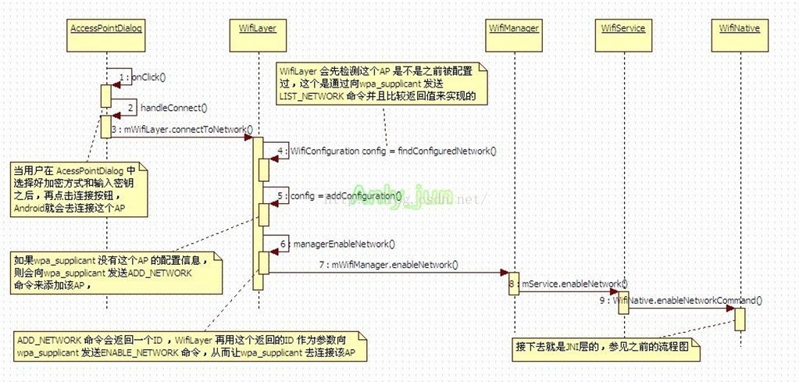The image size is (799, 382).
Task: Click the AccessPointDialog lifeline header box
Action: point(106,28)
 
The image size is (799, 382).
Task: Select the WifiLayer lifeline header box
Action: point(257,28)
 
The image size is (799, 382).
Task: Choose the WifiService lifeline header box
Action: point(622,28)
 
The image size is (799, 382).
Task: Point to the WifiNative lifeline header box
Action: point(740,28)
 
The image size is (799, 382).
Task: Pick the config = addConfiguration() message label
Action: point(345,195)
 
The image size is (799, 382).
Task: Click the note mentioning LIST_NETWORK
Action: point(383,84)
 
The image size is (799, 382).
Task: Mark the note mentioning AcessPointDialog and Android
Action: point(77,188)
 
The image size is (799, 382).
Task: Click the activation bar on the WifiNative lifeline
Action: point(740,318)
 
